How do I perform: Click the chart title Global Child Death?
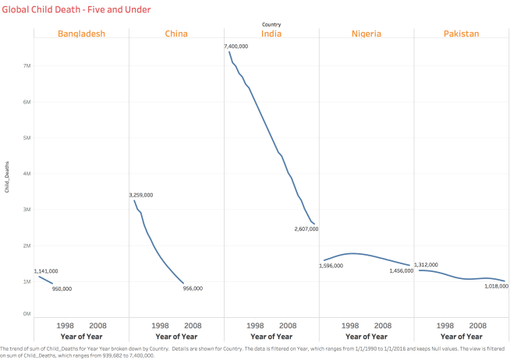pos(76,9)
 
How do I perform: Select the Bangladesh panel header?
pos(81,34)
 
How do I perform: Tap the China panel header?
pos(176,34)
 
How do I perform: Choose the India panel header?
pos(271,34)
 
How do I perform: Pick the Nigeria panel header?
pos(367,34)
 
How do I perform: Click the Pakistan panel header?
pos(461,34)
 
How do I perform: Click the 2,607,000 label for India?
pos(307,229)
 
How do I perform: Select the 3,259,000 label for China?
pos(140,196)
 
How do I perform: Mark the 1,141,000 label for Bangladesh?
pos(45,271)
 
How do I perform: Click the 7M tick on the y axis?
pos(26,65)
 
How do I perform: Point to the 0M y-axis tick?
pos(26,313)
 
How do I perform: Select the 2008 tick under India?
pos(288,325)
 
